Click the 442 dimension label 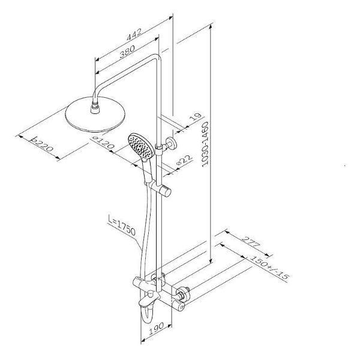point(134,34)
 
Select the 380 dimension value point(127,52)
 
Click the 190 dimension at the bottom point(157,329)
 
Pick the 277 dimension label point(251,241)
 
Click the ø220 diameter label point(42,144)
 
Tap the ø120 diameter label point(104,143)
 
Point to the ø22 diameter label point(184,160)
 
